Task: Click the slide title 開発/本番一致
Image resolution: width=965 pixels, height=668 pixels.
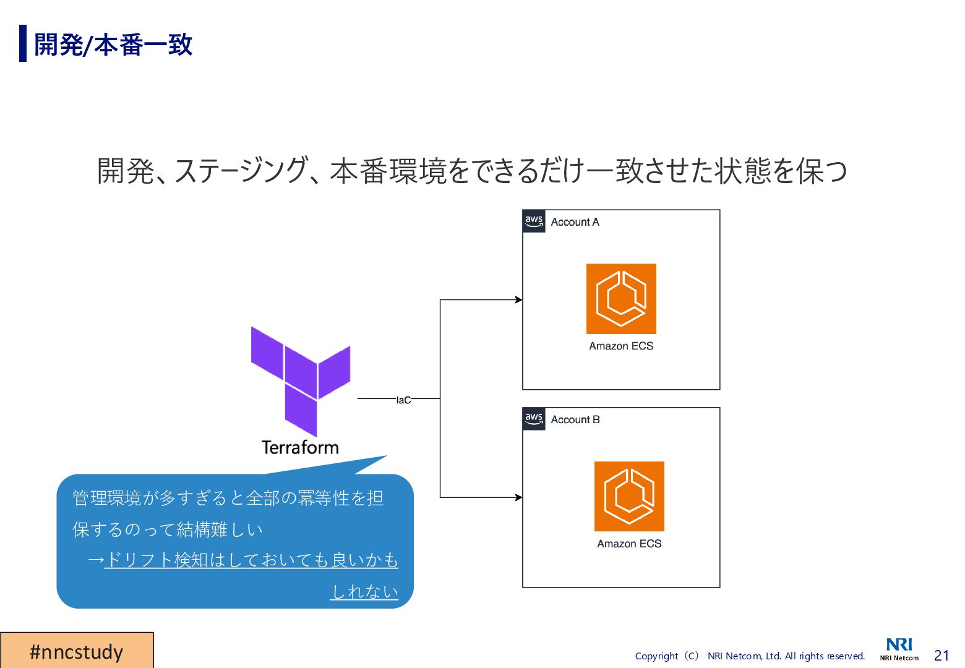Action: [113, 45]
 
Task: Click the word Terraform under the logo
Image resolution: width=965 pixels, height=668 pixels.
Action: [300, 447]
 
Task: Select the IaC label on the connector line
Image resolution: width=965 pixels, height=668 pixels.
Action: [403, 400]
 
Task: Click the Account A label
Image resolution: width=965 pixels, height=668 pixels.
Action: [575, 222]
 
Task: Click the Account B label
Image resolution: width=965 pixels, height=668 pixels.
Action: [575, 419]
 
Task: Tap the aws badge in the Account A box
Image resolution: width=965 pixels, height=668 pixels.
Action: [534, 221]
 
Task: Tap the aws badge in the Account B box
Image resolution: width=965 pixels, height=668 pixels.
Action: [534, 418]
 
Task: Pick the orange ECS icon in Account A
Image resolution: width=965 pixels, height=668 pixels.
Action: [621, 299]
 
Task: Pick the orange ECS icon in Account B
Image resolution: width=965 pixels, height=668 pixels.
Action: [629, 496]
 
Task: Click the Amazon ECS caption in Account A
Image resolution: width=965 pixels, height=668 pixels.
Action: [621, 346]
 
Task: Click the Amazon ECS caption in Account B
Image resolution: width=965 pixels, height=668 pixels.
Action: [629, 544]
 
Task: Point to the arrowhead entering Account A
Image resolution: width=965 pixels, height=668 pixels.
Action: [518, 300]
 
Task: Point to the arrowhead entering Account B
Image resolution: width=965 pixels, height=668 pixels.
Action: [518, 497]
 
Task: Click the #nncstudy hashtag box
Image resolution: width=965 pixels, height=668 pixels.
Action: [77, 651]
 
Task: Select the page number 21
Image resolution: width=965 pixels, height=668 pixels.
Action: [941, 656]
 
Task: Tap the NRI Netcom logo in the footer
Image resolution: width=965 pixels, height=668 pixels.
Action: [899, 649]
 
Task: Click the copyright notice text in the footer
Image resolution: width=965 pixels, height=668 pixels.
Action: [750, 656]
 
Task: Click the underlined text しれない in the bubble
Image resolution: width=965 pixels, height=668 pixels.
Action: [364, 591]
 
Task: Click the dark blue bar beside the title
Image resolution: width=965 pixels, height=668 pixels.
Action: [23, 43]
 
